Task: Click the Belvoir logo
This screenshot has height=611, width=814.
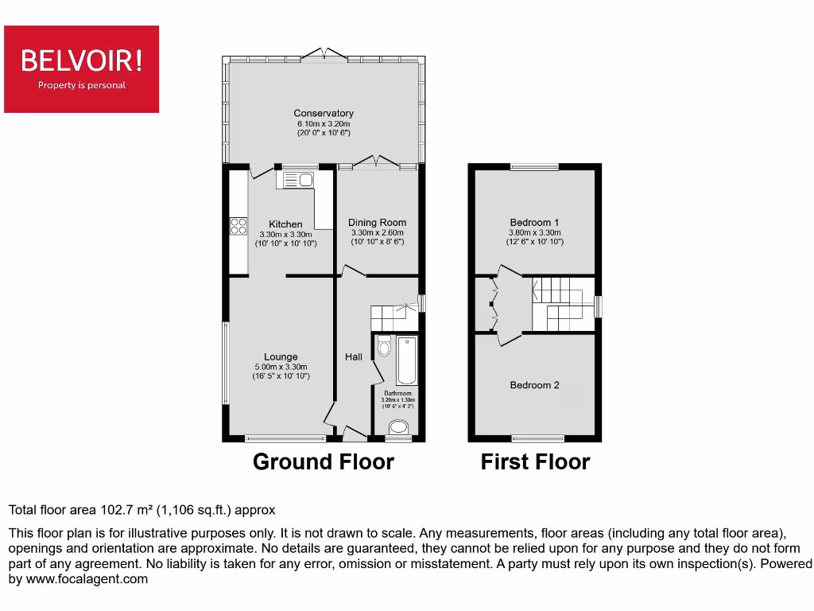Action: pyautogui.click(x=82, y=68)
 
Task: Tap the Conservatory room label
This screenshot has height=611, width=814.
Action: pyautogui.click(x=324, y=114)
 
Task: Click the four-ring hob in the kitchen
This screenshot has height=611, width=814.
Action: pyautogui.click(x=238, y=226)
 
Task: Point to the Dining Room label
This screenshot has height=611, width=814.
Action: pyautogui.click(x=377, y=223)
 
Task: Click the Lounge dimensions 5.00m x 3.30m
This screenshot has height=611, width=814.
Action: pyautogui.click(x=281, y=367)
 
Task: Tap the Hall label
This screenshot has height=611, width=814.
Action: pyautogui.click(x=354, y=357)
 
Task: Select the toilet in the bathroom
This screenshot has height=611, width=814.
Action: pyautogui.click(x=384, y=346)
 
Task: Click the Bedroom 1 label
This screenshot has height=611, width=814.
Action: pyautogui.click(x=535, y=222)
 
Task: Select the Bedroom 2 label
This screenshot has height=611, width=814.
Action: pyautogui.click(x=535, y=385)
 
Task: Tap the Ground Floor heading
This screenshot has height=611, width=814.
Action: pyautogui.click(x=324, y=462)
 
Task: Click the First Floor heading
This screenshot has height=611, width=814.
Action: pyautogui.click(x=535, y=462)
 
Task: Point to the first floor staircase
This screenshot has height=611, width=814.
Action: pyautogui.click(x=563, y=305)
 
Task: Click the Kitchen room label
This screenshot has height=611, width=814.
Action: pyautogui.click(x=285, y=224)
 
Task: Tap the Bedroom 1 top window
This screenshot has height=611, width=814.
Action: pyautogui.click(x=534, y=167)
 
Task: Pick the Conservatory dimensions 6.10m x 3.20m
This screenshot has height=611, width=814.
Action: pyautogui.click(x=324, y=124)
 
